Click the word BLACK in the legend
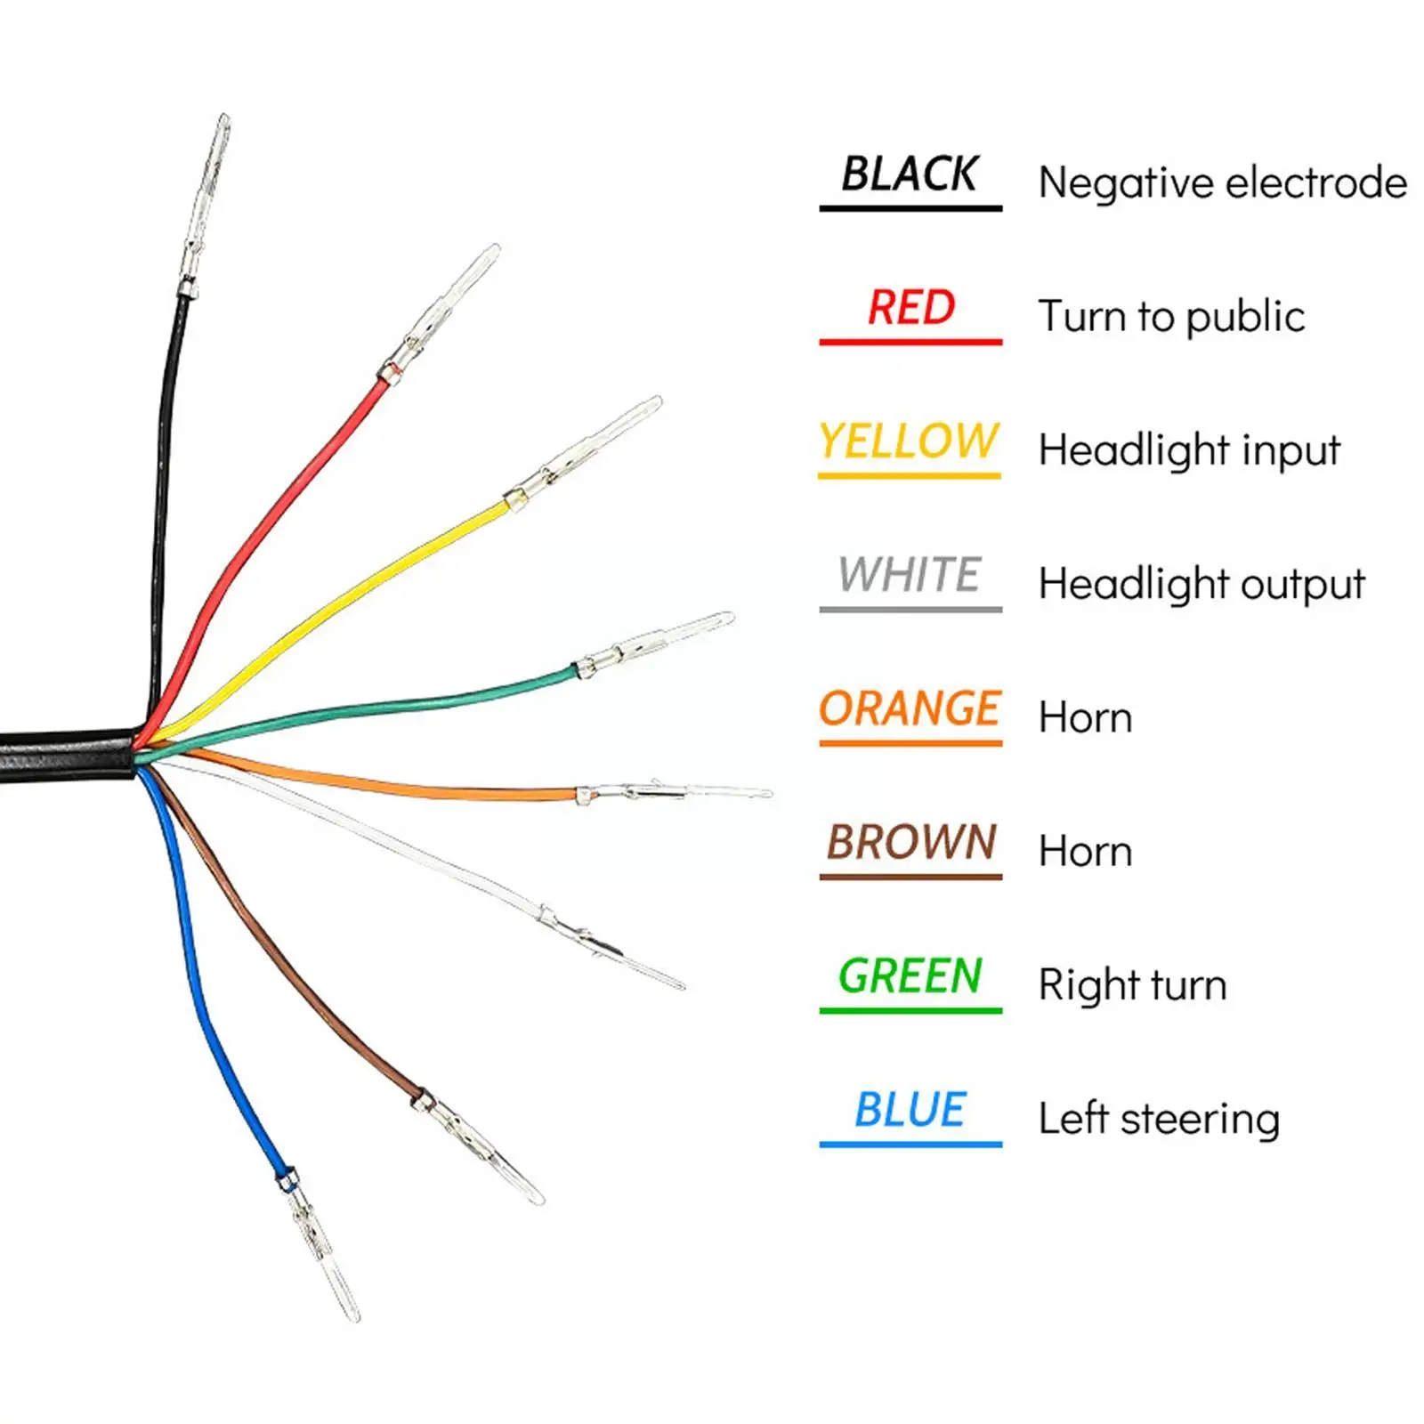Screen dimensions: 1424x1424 (x=910, y=174)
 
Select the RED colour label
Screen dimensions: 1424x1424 (x=911, y=308)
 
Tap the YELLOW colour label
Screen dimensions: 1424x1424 (x=909, y=441)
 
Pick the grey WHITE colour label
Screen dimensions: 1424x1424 (x=909, y=575)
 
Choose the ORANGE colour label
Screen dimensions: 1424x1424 (x=910, y=709)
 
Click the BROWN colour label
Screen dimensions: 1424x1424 (x=911, y=842)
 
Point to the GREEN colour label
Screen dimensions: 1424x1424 (x=910, y=976)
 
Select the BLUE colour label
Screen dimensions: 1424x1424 (x=910, y=1110)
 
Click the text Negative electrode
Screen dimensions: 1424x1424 (x=1223, y=183)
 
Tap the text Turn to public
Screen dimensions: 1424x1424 (x=1171, y=317)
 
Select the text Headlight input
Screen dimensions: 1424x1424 (x=1189, y=450)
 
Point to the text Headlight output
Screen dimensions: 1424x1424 (x=1201, y=585)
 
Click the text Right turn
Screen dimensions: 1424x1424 (x=1132, y=985)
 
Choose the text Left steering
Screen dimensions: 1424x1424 (x=1159, y=1119)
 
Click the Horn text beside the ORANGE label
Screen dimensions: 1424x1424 (x=1085, y=718)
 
